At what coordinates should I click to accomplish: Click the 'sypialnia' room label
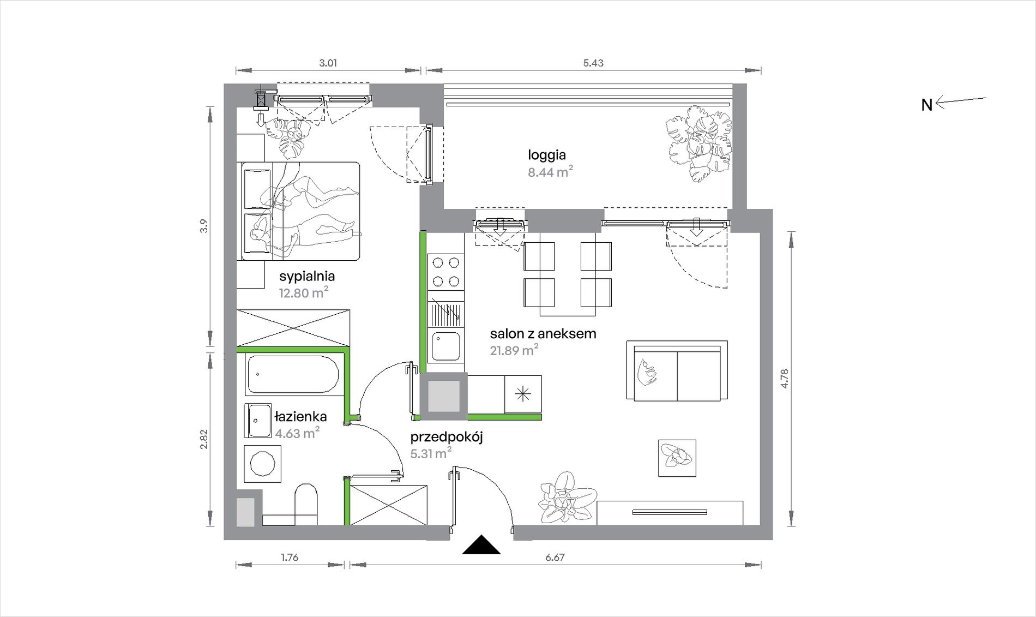point(307,277)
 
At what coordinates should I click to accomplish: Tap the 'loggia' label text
point(547,155)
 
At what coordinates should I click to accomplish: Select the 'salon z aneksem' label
point(543,334)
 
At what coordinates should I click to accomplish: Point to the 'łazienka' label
point(300,417)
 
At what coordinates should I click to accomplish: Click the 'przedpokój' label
point(447,437)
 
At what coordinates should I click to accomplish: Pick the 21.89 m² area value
point(514,350)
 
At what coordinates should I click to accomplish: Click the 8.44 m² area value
point(550,172)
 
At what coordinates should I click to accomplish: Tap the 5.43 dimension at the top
point(593,63)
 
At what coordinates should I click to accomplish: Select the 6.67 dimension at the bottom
point(555,558)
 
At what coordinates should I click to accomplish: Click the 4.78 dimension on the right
point(785,379)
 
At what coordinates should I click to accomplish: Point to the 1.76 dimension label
point(290,558)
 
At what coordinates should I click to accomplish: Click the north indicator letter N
point(926,105)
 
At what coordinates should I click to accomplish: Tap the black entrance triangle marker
point(481,545)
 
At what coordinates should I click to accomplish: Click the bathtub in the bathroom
point(293,375)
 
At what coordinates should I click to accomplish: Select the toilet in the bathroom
point(306,505)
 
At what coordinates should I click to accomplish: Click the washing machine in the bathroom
point(263,464)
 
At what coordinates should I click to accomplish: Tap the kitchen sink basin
point(446,346)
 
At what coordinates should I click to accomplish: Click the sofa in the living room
point(677,371)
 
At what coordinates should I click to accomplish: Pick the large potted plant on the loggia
point(698,143)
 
